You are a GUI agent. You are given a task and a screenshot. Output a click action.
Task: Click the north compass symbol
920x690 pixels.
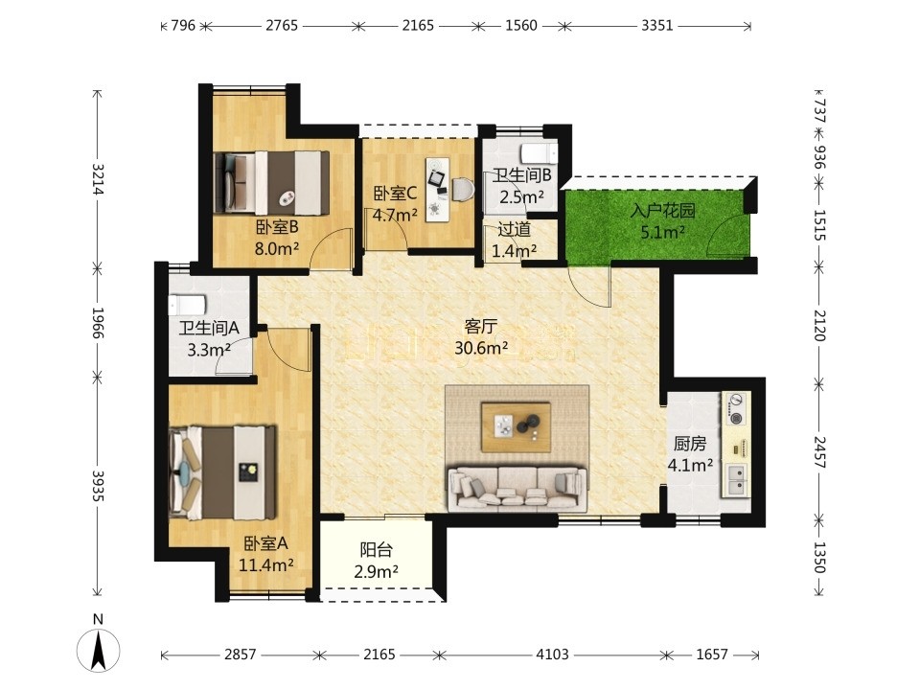coord(99,644)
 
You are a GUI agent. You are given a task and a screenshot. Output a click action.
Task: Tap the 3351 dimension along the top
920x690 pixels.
coord(656,25)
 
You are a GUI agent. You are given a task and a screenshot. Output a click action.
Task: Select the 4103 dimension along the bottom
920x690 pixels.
coord(552,655)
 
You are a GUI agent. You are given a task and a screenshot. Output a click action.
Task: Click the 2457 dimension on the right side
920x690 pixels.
coord(819,451)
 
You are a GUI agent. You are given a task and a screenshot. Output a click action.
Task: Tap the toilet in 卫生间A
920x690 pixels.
coord(187,306)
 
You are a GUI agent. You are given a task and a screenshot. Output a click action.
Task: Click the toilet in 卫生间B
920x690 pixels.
coord(540,152)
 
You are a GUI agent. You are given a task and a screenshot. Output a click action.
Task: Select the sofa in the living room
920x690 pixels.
coord(517,489)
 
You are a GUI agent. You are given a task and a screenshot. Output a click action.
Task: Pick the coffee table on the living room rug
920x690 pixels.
coord(516,427)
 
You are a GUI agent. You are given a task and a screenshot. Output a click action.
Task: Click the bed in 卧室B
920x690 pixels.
coord(272,182)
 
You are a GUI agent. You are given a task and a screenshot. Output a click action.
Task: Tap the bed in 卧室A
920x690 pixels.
coord(222,472)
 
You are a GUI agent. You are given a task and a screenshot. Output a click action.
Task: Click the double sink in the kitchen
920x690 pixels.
coord(736,479)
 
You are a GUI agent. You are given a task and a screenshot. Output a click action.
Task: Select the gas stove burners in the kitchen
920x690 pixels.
coord(735,409)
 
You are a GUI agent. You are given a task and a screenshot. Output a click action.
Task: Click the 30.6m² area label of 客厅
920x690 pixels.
coord(481,349)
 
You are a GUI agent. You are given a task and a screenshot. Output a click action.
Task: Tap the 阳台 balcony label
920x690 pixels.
coord(376,550)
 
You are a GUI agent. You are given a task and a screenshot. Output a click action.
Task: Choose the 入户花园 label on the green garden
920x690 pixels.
coord(663,211)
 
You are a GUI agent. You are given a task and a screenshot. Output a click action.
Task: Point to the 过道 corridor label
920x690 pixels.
coord(514,229)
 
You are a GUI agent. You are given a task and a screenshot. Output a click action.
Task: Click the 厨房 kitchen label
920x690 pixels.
coord(690,444)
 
